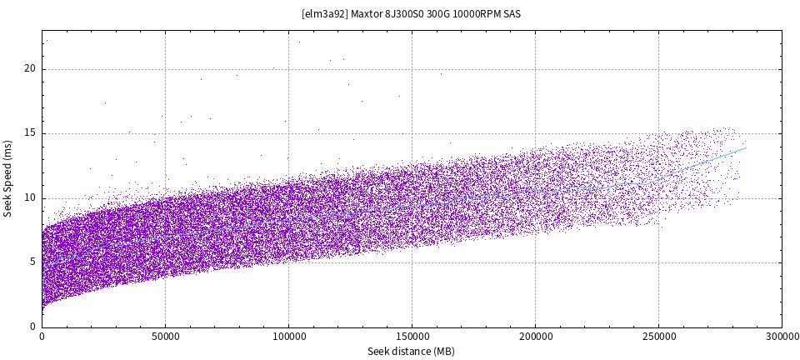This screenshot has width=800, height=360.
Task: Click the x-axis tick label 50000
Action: click(165, 337)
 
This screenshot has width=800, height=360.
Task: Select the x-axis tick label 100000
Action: click(288, 337)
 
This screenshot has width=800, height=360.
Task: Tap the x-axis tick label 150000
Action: click(412, 337)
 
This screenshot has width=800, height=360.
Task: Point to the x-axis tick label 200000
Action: click(535, 337)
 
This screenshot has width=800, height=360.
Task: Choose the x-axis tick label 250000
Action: click(658, 337)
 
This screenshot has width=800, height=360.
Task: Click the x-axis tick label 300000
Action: click(782, 337)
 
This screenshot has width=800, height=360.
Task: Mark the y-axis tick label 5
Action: click(32, 262)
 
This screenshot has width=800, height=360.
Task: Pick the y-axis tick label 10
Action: click(30, 198)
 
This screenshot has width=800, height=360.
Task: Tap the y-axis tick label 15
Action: click(30, 133)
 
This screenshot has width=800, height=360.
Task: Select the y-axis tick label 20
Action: click(30, 69)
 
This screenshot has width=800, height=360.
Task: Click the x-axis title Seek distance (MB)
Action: click(411, 352)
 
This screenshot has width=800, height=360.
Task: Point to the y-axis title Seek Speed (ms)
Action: click(8, 178)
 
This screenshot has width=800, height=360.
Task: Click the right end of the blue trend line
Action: click(746, 148)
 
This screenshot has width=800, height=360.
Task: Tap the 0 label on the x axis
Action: click(42, 337)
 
